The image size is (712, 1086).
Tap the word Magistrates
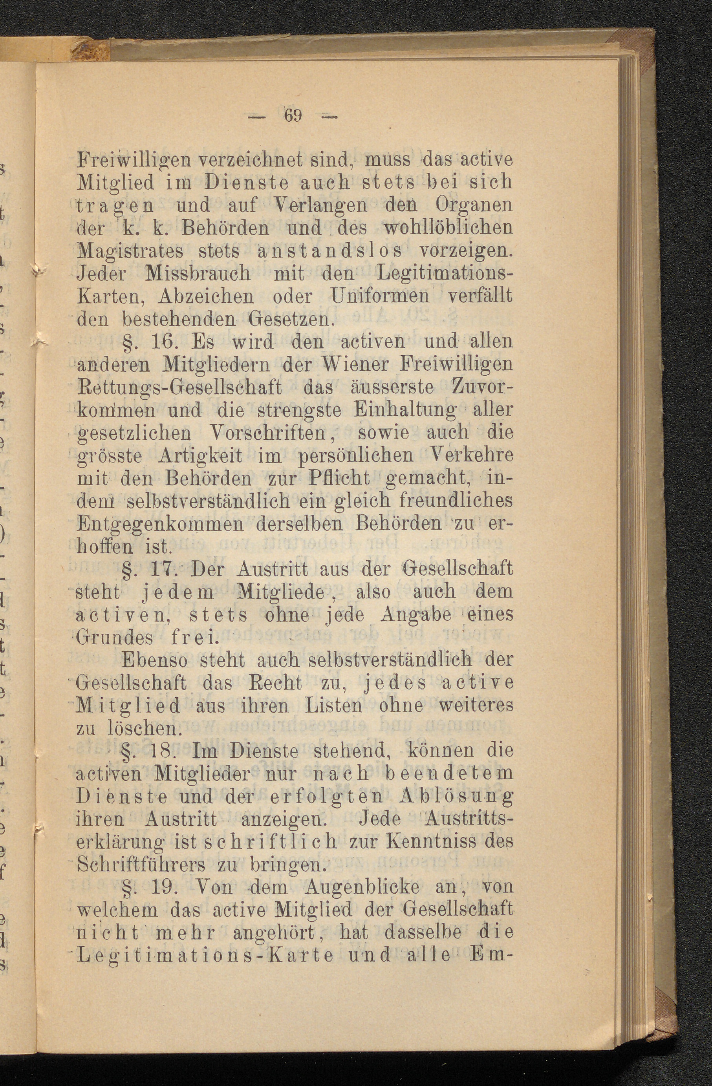point(130,250)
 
